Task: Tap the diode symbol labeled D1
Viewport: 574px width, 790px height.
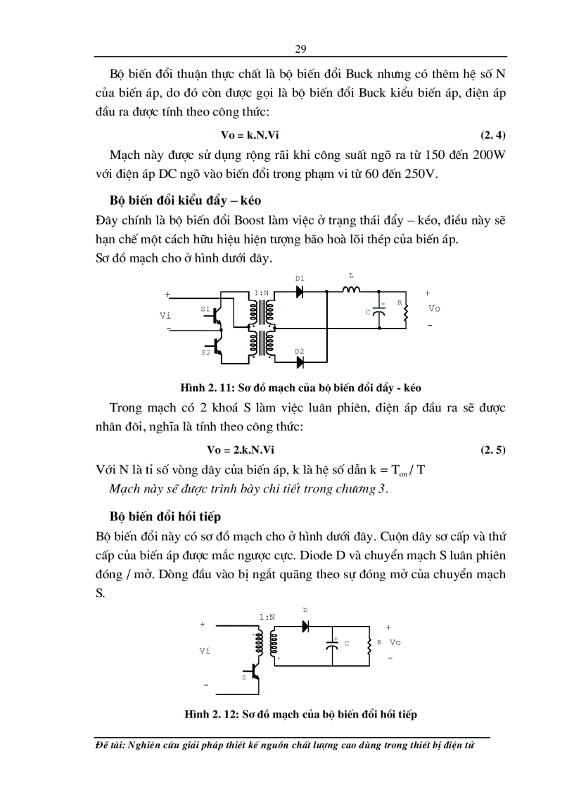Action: coord(300,291)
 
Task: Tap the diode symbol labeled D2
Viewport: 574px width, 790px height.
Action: coord(300,362)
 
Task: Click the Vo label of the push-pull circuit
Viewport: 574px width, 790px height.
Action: coord(434,309)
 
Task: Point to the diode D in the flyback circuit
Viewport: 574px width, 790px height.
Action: coord(306,625)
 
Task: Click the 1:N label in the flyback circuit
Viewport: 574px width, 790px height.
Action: coord(267,616)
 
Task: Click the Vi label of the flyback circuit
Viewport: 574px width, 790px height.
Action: coord(205,651)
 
